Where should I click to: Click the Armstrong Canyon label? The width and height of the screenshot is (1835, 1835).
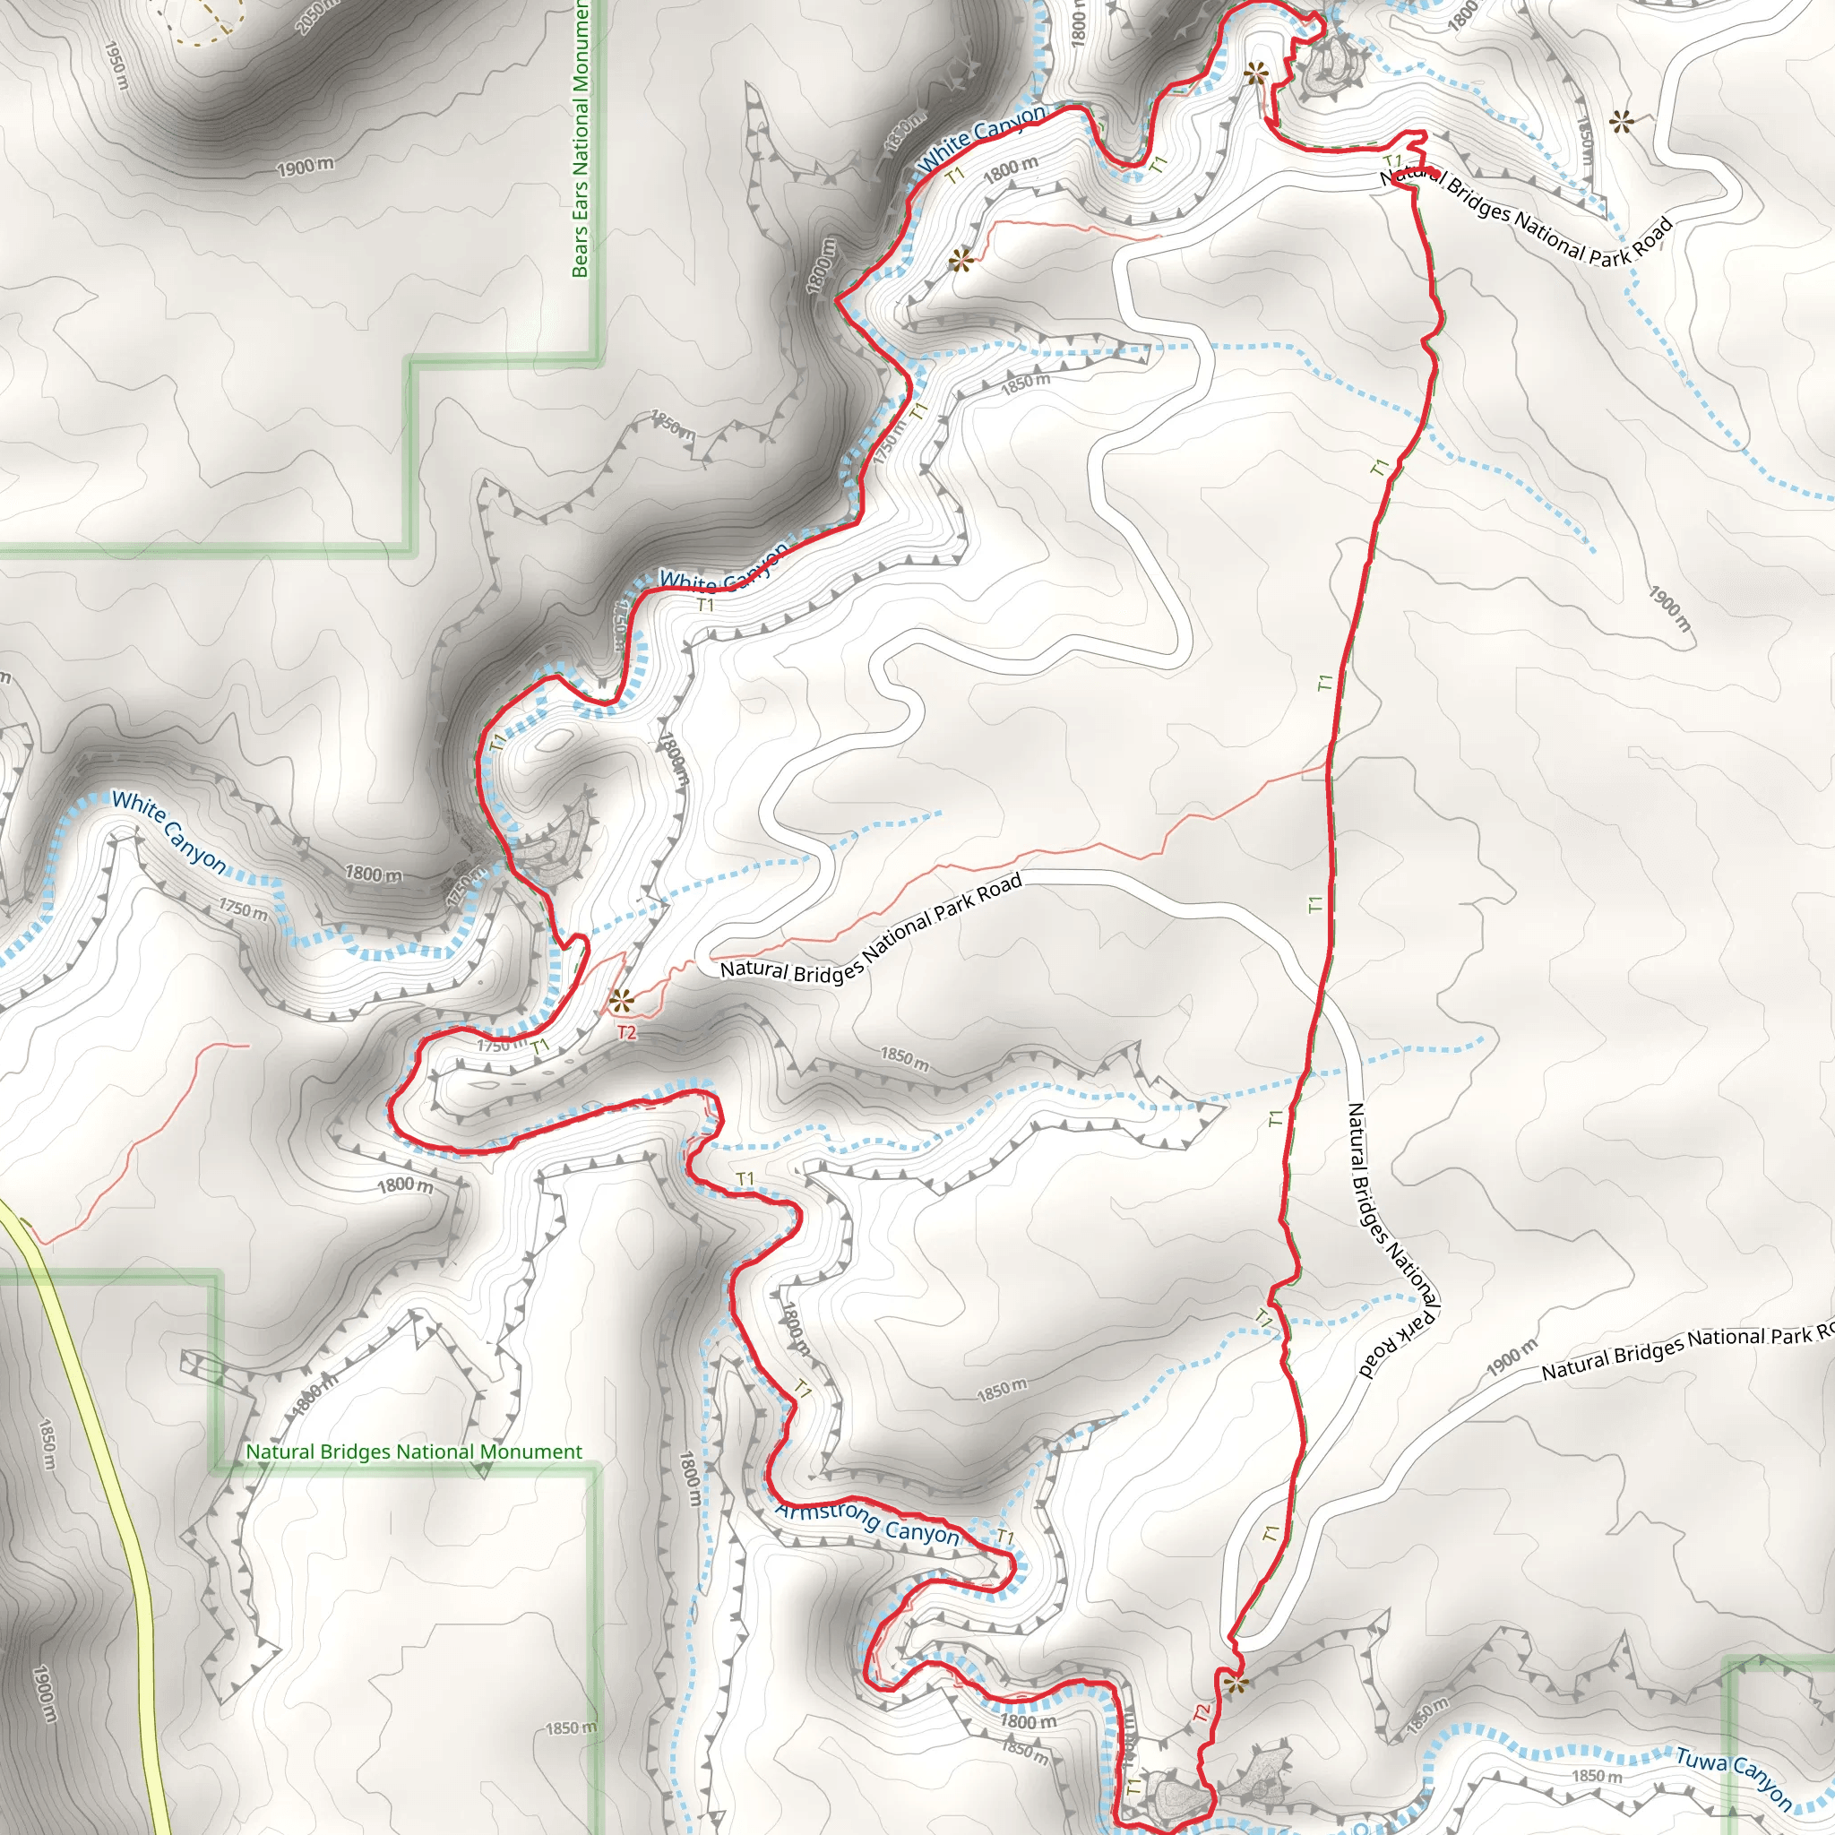pos(867,1522)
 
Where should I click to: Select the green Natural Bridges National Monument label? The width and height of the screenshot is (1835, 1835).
pos(414,1452)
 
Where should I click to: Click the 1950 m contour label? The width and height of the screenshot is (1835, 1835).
pos(115,65)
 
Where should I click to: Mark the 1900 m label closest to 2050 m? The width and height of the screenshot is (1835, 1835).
pos(306,168)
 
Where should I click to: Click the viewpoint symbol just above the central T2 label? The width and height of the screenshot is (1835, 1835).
pos(622,999)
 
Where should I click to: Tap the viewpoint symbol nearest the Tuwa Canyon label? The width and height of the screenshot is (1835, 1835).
pos(1236,1686)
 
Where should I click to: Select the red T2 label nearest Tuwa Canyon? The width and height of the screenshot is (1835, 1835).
pos(1202,1712)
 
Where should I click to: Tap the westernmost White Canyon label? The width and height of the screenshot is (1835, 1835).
pos(169,833)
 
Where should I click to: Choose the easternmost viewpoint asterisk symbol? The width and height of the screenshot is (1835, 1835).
pos(1621,122)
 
